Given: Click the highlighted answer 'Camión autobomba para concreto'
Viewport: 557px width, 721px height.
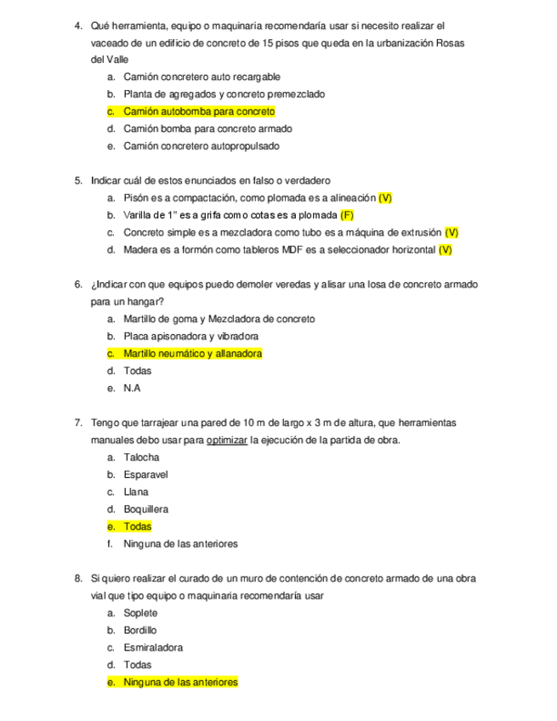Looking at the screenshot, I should coord(199,111).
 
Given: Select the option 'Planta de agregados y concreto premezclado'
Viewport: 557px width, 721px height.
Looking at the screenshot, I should coord(224,94).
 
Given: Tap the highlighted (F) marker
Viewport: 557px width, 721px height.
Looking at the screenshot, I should coord(347,215).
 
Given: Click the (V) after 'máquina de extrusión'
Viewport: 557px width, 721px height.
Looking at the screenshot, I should coord(452,232).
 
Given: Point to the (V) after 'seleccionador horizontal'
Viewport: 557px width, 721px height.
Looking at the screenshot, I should coord(445,250).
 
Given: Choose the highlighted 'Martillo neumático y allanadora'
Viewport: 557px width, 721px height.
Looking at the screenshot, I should coord(192,354).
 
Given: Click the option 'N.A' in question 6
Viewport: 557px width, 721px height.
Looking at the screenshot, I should coord(132,389).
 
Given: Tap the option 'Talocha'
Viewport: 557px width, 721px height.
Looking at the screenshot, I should coord(141,457).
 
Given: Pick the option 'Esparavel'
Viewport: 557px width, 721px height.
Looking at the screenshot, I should coord(145,475).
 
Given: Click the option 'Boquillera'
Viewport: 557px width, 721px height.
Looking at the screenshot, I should coord(145,509).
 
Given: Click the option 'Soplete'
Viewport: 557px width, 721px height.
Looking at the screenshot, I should coord(140,613).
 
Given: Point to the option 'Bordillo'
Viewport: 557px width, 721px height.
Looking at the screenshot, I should coord(140,631).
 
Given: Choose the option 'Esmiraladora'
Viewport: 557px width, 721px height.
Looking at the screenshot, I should coord(153,648).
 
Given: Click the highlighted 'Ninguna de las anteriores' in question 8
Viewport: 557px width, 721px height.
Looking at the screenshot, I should coord(180,683).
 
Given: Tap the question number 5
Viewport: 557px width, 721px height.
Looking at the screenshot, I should coord(78,180).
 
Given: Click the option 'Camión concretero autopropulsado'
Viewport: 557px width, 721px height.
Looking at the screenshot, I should coord(201,146).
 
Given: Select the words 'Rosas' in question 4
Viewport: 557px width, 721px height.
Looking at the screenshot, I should coord(450,43).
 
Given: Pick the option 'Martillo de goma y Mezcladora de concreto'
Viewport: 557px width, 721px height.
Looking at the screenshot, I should coord(219,319).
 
